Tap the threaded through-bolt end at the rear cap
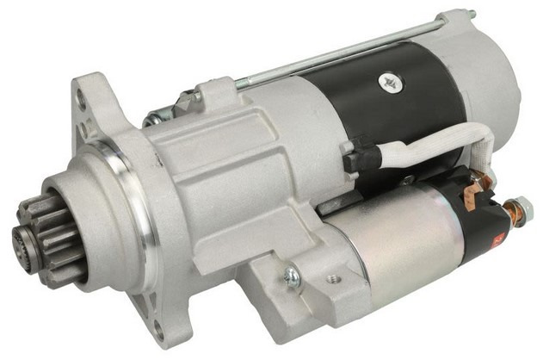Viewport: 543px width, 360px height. click(468, 14)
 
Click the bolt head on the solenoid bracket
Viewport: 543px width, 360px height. click(293, 276)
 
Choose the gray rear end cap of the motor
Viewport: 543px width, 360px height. click(495, 86)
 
